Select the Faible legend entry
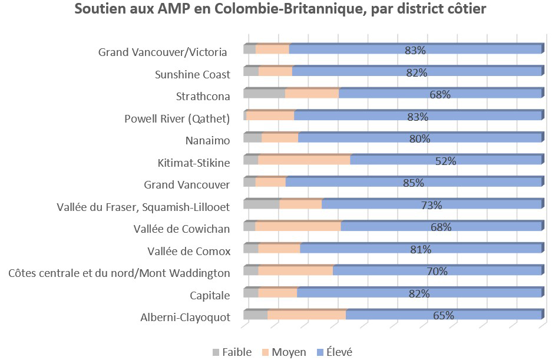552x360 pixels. pyautogui.click(x=232, y=352)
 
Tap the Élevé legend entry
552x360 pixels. pyautogui.click(x=335, y=352)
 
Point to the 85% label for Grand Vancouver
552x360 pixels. pyautogui.click(x=414, y=183)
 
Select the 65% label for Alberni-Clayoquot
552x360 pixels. pyautogui.click(x=444, y=315)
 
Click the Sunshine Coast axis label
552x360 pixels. pyautogui.click(x=192, y=75)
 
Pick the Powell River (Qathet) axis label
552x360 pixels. pyautogui.click(x=177, y=119)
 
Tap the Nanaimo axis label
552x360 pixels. pyautogui.click(x=207, y=141)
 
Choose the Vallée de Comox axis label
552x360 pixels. pyautogui.click(x=189, y=251)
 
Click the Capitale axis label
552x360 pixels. pyautogui.click(x=210, y=295)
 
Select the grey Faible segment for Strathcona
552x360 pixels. pyautogui.click(x=264, y=94)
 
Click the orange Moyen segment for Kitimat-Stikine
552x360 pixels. pyautogui.click(x=304, y=160)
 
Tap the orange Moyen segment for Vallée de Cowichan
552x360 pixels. pyautogui.click(x=298, y=227)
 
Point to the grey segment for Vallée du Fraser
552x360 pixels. pyautogui.click(x=261, y=204)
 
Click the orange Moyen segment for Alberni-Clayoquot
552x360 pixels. pyautogui.click(x=306, y=315)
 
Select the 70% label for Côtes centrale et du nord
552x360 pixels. pyautogui.click(x=437, y=271)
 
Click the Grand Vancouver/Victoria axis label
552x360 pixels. pyautogui.click(x=163, y=52)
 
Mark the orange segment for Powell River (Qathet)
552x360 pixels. pyautogui.click(x=270, y=116)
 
